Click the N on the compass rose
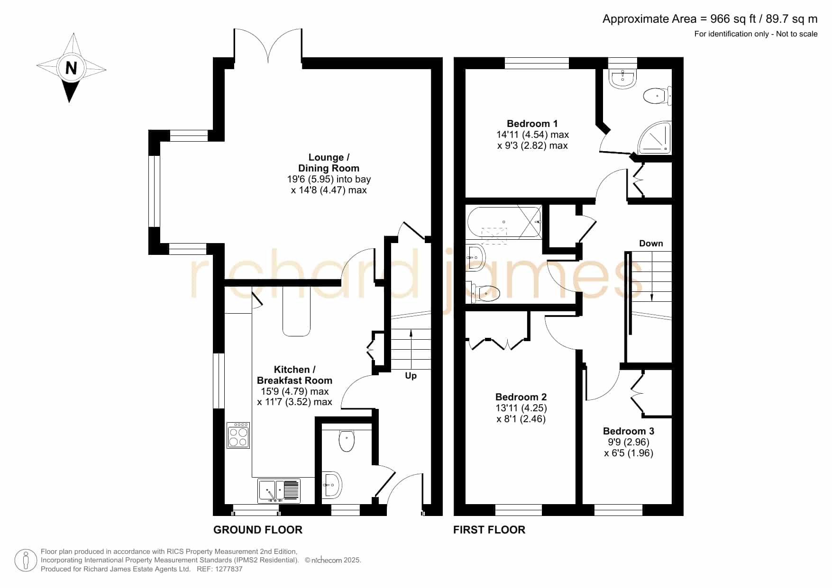[x=71, y=68]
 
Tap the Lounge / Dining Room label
[x=329, y=163]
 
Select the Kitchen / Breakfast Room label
[x=294, y=375]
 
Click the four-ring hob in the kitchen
[x=238, y=435]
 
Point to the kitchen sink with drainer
[x=279, y=491]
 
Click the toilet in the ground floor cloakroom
[x=347, y=440]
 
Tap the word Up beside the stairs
[x=411, y=376]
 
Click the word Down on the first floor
[x=651, y=244]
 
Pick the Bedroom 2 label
[x=521, y=397]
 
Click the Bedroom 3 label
[x=629, y=431]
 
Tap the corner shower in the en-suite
[x=654, y=138]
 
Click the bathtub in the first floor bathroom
[x=504, y=222]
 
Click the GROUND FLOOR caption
[x=258, y=530]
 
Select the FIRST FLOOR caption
[x=489, y=530]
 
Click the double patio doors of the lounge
[x=268, y=45]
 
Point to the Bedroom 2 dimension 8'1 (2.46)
[x=521, y=419]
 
